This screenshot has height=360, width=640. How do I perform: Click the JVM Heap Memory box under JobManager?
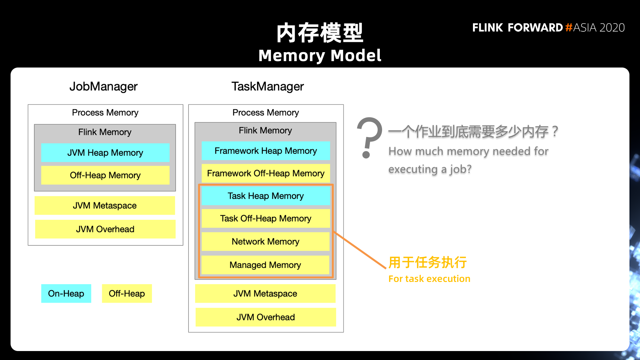[105, 153]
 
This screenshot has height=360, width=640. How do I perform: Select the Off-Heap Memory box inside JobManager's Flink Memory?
[105, 175]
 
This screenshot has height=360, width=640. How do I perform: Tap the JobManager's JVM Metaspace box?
[105, 205]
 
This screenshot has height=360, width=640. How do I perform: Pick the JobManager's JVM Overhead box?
[105, 229]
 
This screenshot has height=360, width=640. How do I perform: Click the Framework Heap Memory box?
[266, 151]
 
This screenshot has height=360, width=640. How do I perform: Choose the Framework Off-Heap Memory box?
[266, 173]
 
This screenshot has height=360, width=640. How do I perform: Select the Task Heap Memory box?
[266, 196]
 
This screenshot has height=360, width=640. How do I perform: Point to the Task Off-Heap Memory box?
[266, 219]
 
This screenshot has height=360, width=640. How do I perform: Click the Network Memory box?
[266, 242]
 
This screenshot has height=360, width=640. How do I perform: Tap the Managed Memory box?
[265, 265]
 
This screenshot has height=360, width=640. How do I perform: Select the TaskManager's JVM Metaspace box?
[265, 293]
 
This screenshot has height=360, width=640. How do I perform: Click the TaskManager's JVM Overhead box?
[266, 317]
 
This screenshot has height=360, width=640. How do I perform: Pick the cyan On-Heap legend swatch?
[66, 293]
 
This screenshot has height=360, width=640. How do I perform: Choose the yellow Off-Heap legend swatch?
[127, 293]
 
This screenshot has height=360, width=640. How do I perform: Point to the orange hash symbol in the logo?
[569, 27]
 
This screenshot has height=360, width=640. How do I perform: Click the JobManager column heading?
[103, 86]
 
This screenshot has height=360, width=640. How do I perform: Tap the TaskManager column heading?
[268, 86]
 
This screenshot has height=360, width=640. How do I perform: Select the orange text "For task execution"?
[429, 279]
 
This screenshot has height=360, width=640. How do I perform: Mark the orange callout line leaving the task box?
[360, 250]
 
